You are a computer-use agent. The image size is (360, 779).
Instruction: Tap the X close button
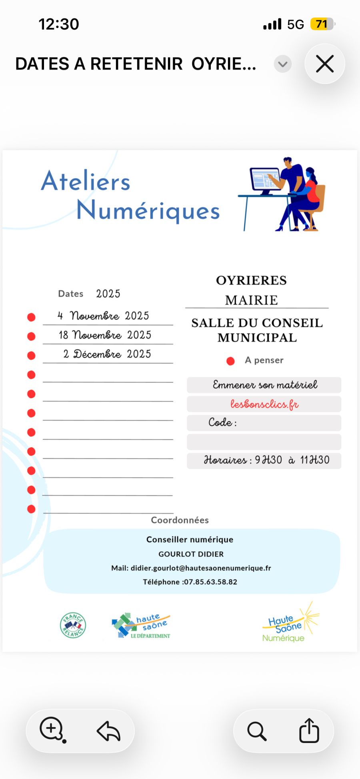(324, 64)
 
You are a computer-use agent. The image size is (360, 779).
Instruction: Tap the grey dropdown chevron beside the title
(283, 64)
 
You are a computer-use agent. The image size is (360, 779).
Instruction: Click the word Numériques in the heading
(148, 210)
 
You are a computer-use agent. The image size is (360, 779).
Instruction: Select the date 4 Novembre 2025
(103, 316)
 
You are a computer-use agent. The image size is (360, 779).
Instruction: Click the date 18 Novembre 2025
(105, 335)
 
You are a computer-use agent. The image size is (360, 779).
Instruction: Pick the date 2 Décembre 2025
(107, 354)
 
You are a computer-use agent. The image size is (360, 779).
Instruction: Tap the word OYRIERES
(251, 280)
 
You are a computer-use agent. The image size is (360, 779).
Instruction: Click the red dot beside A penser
(230, 361)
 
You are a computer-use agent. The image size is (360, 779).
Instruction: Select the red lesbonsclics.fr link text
(264, 404)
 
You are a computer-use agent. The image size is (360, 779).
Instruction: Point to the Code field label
(222, 423)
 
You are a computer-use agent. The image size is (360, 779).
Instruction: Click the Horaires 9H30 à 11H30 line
(266, 460)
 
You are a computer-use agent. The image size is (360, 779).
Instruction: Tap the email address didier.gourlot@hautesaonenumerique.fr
(201, 568)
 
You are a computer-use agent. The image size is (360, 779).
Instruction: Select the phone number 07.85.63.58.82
(210, 582)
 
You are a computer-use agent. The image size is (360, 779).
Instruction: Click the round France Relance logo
(73, 625)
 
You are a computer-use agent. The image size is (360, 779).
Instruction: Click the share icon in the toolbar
(309, 731)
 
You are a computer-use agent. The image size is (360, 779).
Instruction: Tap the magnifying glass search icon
(257, 731)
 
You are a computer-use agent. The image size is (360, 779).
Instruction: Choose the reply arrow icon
(108, 731)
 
